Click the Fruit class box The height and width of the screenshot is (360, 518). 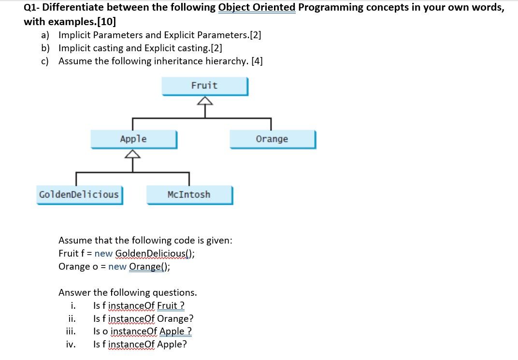pyautogui.click(x=205, y=86)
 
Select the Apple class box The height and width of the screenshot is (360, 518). pyautogui.click(x=134, y=139)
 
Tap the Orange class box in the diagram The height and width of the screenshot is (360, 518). pyautogui.click(x=273, y=139)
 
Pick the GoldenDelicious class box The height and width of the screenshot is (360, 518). pyautogui.click(x=80, y=195)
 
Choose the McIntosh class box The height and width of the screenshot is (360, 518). pyautogui.click(x=189, y=195)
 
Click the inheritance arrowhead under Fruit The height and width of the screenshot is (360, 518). pyautogui.click(x=205, y=101)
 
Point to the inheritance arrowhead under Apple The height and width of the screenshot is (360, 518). pyautogui.click(x=132, y=154)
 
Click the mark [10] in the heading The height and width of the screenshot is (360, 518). pyautogui.click(x=106, y=22)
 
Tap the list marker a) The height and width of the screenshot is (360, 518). pyautogui.click(x=45, y=35)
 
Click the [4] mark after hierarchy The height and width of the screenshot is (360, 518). pyautogui.click(x=257, y=61)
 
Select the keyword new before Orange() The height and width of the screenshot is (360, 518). pyautogui.click(x=117, y=267)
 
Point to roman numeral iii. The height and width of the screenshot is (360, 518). pyautogui.click(x=71, y=331)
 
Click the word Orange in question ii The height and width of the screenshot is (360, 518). pyautogui.click(x=175, y=318)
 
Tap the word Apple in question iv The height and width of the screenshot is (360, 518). pyautogui.click(x=172, y=344)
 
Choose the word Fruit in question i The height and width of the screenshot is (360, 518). pyautogui.click(x=167, y=305)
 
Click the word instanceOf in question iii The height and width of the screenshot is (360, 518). pyautogui.click(x=134, y=331)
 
